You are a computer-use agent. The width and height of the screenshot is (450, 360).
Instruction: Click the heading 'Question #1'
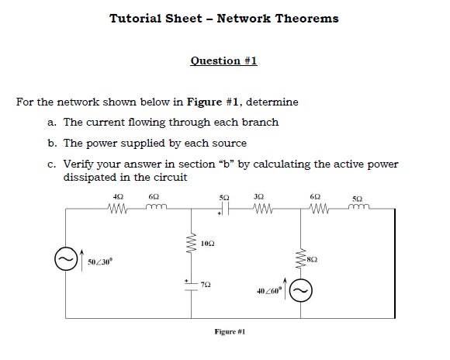coord(223,61)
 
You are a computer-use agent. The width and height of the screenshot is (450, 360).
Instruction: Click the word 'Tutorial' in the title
coord(136,19)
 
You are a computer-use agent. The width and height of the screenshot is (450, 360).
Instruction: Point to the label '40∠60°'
coord(267,291)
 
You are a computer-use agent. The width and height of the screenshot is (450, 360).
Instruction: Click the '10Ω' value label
coord(206,244)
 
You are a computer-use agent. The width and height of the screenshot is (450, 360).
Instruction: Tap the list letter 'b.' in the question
coord(51,143)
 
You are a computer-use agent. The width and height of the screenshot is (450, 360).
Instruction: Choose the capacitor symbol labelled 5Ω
coord(224,208)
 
